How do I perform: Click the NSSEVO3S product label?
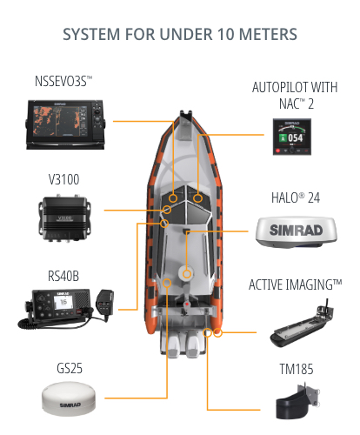pyautogui.click(x=63, y=81)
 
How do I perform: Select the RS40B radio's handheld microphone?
pyautogui.click(x=105, y=304)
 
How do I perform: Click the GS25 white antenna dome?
pyautogui.click(x=69, y=399)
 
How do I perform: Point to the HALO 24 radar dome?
pyautogui.click(x=297, y=232)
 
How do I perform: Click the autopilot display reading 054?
pyautogui.click(x=292, y=137)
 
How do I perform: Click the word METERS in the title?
pyautogui.click(x=268, y=34)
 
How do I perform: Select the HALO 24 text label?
pyautogui.click(x=296, y=198)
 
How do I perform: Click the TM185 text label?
pyautogui.click(x=297, y=369)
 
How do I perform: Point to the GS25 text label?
pyautogui.click(x=70, y=368)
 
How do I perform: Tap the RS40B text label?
pyautogui.click(x=63, y=276)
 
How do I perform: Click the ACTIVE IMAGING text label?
pyautogui.click(x=296, y=284)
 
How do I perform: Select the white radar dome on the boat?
pyautogui.click(x=187, y=273)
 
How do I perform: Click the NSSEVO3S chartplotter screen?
pyautogui.click(x=60, y=121)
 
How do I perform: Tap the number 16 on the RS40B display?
pyautogui.click(x=63, y=302)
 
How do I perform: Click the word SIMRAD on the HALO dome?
pyautogui.click(x=297, y=230)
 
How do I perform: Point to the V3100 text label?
pyautogui.click(x=63, y=179)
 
